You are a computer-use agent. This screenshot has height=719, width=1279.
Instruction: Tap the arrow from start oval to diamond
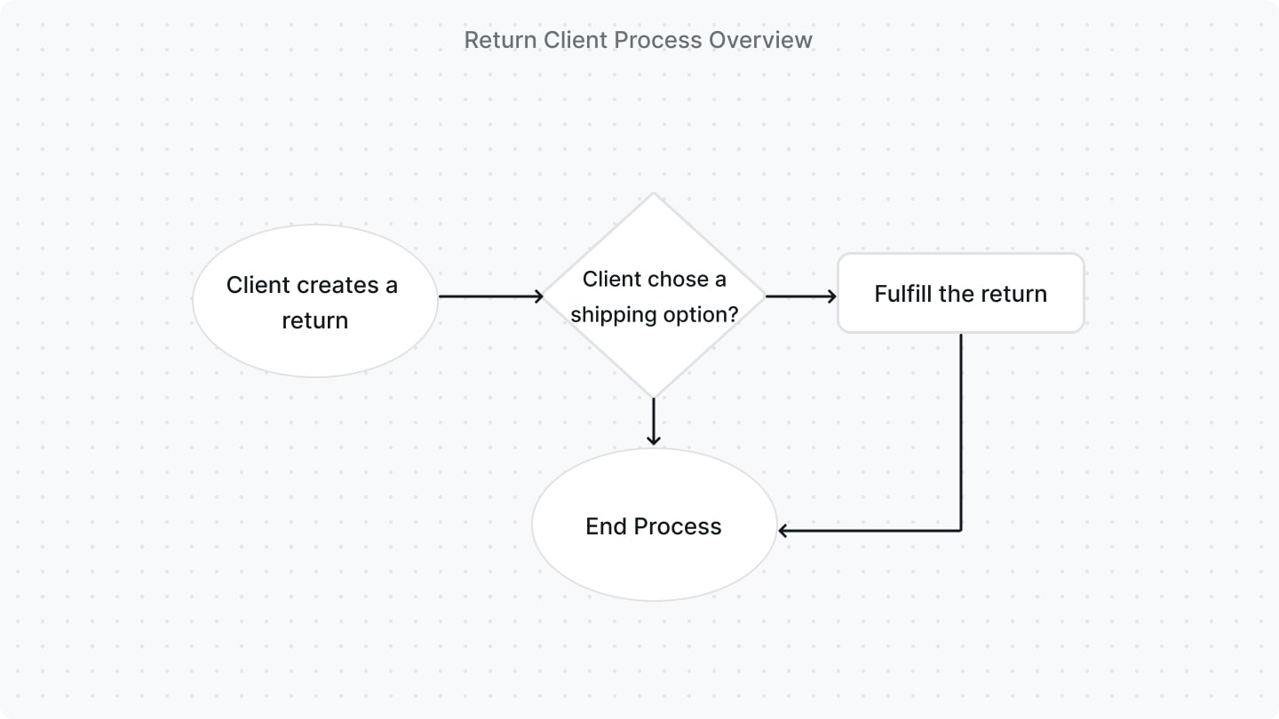(x=490, y=296)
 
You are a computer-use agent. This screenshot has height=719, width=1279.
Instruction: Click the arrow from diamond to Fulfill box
(x=800, y=296)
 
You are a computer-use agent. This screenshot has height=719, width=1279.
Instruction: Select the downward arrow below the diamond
(x=654, y=422)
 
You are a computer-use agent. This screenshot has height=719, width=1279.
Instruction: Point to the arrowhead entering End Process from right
(x=784, y=531)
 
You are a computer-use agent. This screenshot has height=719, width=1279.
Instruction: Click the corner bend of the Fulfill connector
(x=961, y=531)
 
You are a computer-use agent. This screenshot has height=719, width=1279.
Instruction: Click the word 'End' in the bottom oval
(x=606, y=526)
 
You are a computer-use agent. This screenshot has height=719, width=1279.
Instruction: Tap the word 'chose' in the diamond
(x=671, y=279)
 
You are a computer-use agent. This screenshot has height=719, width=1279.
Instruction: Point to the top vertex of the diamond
(x=654, y=194)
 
